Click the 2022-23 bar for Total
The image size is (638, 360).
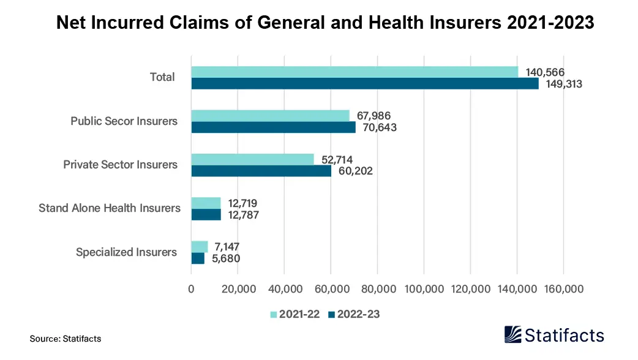coord(365,84)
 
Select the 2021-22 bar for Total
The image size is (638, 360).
coord(355,72)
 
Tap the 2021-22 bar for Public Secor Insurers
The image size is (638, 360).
coord(270,116)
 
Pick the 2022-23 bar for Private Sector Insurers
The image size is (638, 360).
coord(261,171)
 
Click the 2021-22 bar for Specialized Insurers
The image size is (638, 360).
coord(200,247)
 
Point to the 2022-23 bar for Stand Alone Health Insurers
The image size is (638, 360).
coord(206,214)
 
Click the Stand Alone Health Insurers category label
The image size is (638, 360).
coord(110,208)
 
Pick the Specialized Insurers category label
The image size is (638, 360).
coord(126,252)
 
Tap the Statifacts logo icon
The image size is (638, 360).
coord(513,334)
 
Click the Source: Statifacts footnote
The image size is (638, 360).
coord(66,339)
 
